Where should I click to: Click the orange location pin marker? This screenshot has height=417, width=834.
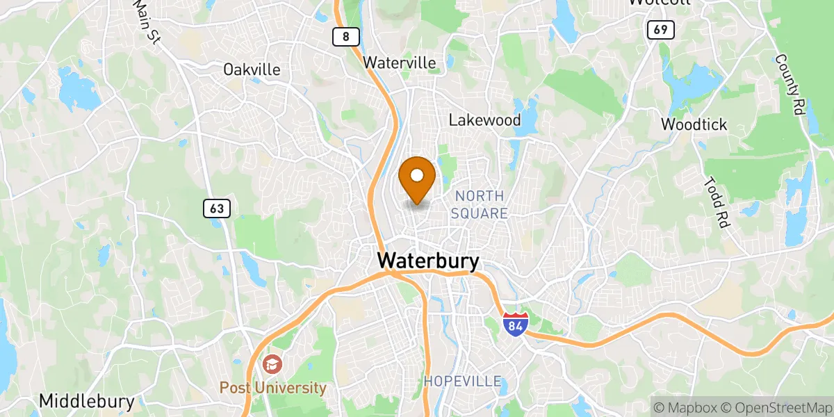[x=418, y=177]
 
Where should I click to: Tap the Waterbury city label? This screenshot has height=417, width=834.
[x=428, y=261]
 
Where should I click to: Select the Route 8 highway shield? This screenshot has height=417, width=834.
[x=345, y=36]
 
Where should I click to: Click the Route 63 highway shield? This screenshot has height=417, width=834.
[x=217, y=208]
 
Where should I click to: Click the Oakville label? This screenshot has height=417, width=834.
[x=252, y=69]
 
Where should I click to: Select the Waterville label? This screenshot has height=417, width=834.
[x=400, y=63]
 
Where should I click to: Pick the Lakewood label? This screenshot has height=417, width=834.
[x=484, y=120]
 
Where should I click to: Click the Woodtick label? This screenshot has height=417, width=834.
[x=694, y=125]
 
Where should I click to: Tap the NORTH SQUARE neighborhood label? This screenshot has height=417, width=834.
[x=480, y=205]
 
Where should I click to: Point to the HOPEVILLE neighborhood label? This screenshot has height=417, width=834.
[x=463, y=381]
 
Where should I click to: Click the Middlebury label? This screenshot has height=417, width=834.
[x=87, y=401]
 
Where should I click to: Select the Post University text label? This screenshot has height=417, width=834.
[x=273, y=388]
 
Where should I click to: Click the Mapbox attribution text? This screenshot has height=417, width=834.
[x=685, y=407]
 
